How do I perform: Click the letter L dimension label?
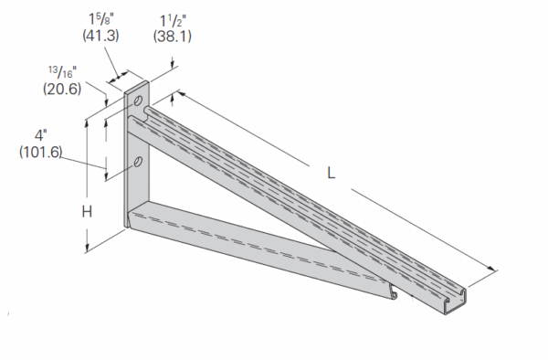coord(331,171)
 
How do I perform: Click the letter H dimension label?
coord(87,212)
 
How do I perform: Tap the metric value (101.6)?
coord(40,152)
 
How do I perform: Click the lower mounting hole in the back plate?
coord(137,163)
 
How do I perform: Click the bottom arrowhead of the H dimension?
coord(88,249)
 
